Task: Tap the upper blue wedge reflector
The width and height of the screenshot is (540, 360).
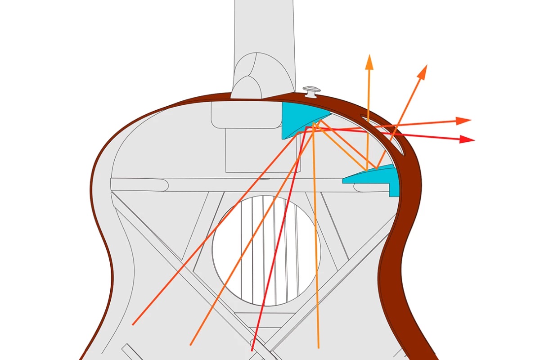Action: point(297,118)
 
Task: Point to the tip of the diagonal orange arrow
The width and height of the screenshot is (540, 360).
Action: point(425,67)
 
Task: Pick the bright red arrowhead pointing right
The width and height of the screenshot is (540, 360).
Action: point(468,139)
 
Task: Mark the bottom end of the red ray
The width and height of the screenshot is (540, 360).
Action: point(252,350)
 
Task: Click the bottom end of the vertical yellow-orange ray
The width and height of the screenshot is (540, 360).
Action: point(319,347)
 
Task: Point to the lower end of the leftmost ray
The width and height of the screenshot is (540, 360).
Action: point(133,324)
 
